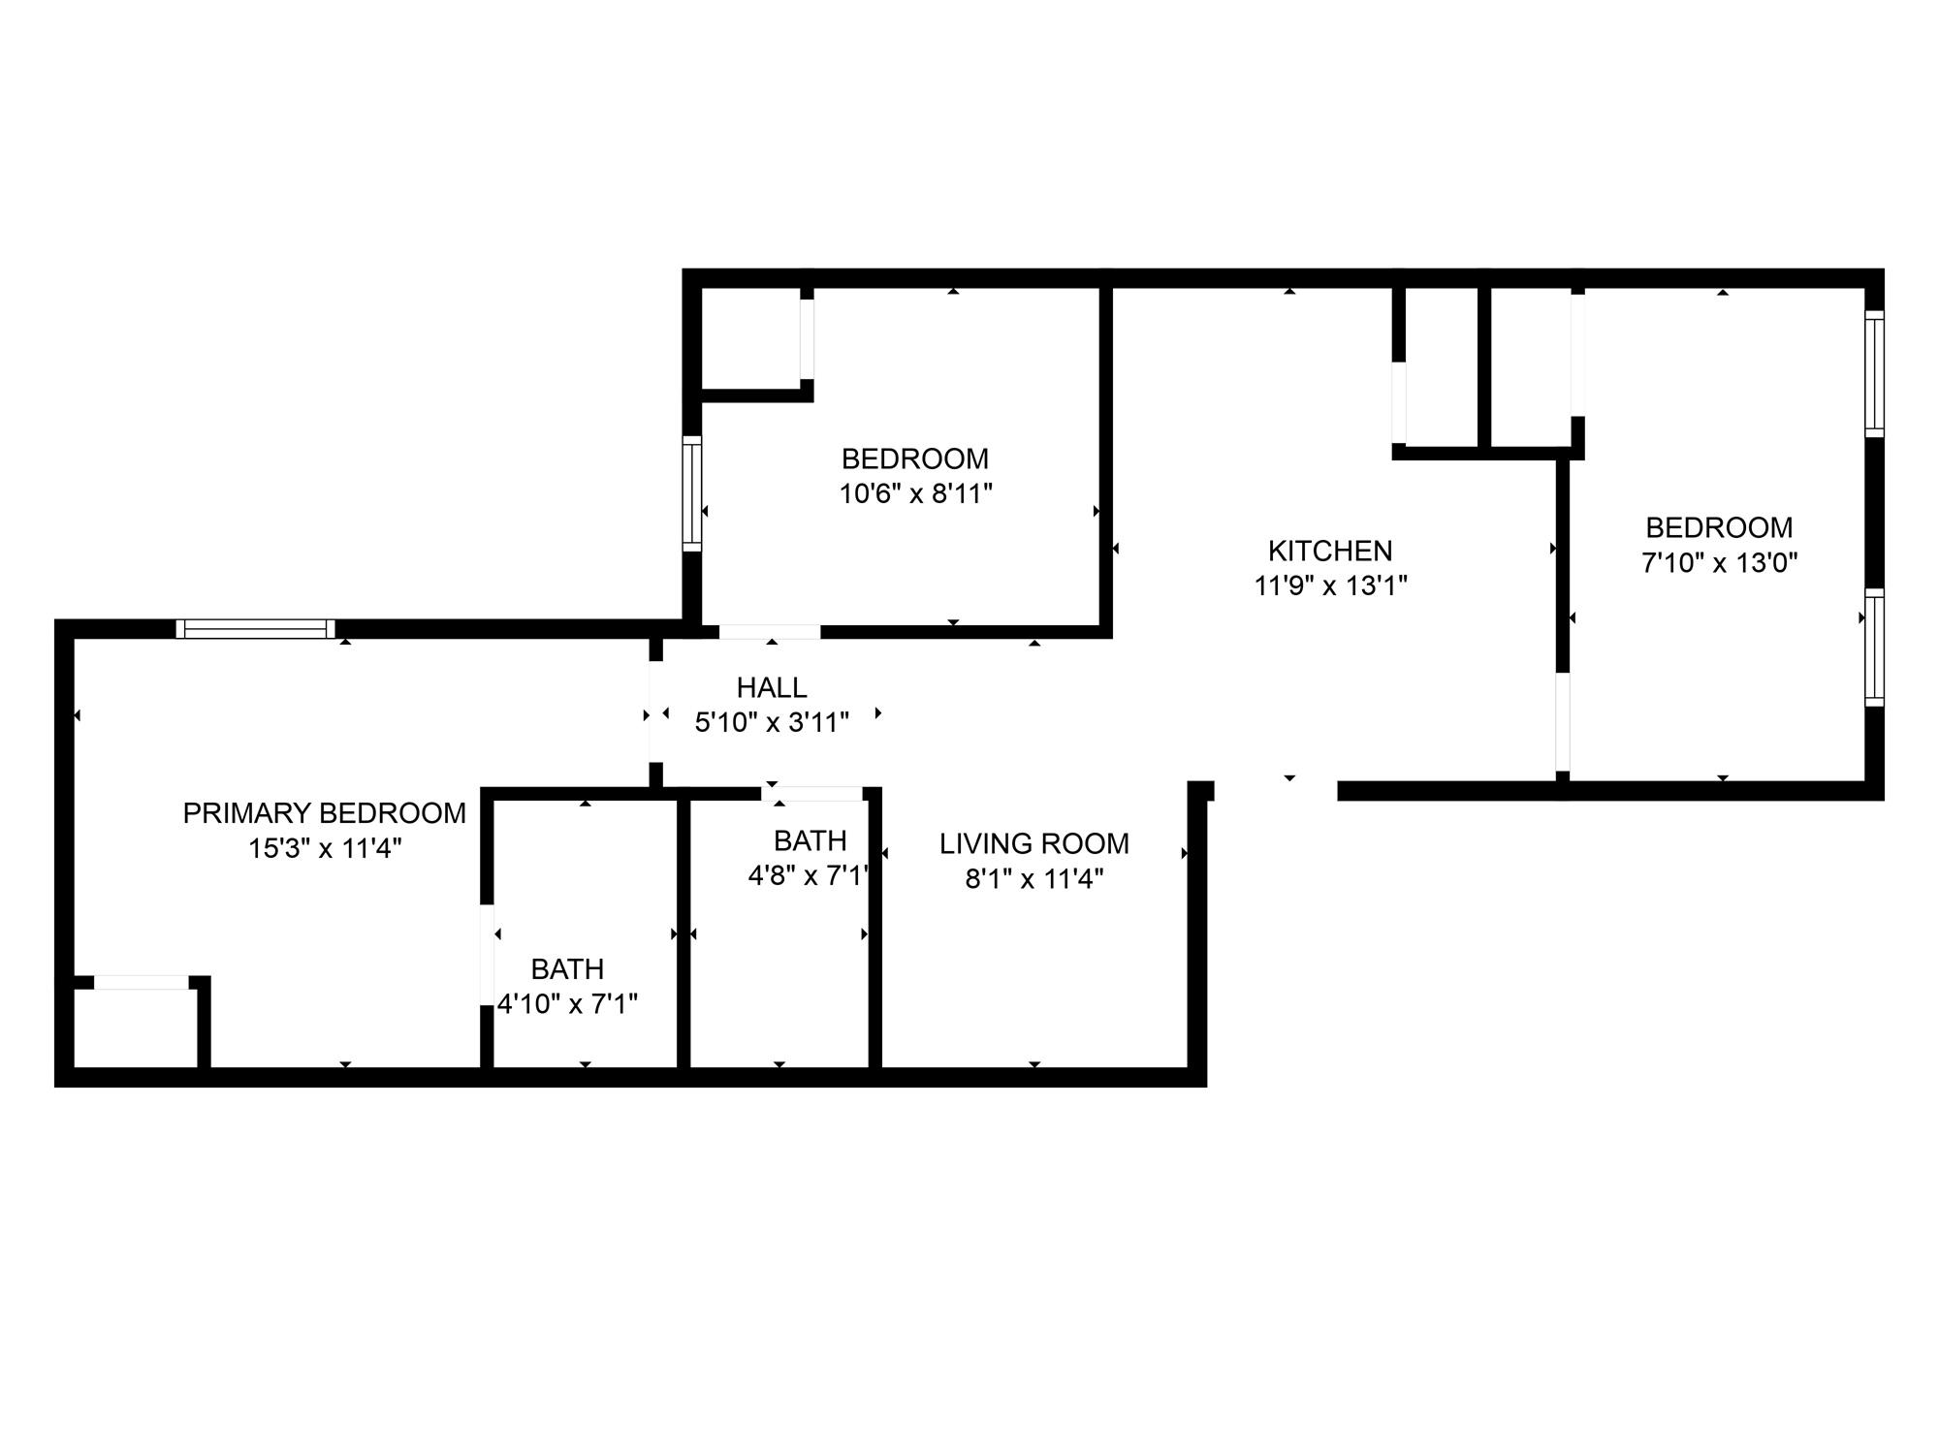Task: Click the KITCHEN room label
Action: (x=1329, y=551)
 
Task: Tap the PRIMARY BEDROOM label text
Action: (x=324, y=813)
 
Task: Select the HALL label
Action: (x=772, y=687)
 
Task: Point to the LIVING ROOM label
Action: (x=1033, y=843)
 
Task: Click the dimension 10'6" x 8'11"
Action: (x=915, y=493)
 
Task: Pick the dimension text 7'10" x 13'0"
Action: (x=1719, y=562)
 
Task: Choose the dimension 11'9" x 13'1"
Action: (x=1329, y=585)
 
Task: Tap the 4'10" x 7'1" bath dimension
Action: (x=567, y=1003)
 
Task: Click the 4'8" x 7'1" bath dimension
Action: (x=810, y=875)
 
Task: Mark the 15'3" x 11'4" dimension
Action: (x=324, y=848)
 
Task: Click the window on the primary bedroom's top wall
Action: (x=255, y=629)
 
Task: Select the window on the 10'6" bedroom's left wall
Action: (x=691, y=493)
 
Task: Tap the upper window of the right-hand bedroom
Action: (x=1875, y=373)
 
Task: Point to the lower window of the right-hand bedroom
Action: (x=1875, y=647)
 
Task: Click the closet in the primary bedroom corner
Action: (x=135, y=1027)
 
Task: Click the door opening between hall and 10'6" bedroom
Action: (x=770, y=632)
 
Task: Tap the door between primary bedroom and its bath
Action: (x=488, y=955)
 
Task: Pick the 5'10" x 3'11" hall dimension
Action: (x=772, y=722)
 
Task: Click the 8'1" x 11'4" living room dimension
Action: (x=1033, y=879)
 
